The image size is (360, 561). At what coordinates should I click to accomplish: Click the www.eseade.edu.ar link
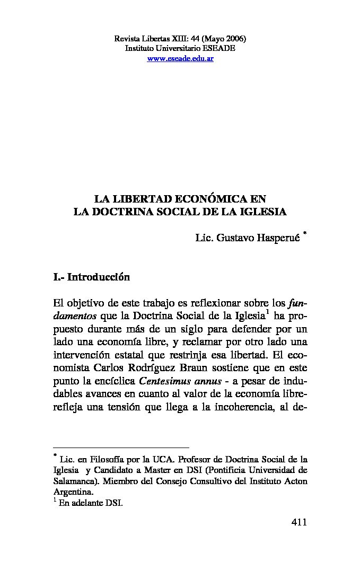180,58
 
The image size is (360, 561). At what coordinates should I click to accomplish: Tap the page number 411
299,522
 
